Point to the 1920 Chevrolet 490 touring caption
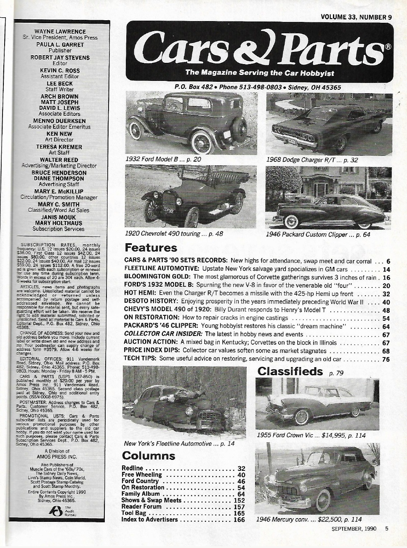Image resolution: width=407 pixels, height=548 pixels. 174,233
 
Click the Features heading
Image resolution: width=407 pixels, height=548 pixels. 151,247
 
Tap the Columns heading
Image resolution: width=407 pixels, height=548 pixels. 148,456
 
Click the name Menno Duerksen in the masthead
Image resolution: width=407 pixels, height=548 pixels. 60,121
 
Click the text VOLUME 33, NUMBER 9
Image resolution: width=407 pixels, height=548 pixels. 356,17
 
